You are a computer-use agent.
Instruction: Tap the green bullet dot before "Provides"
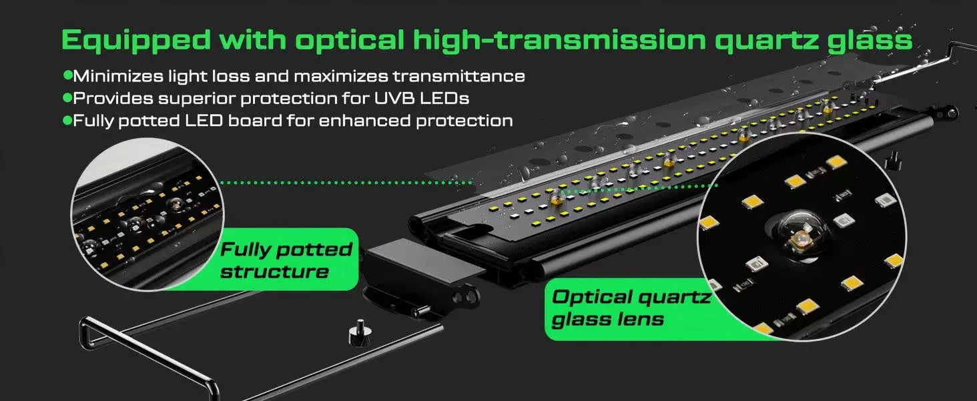tap(67, 98)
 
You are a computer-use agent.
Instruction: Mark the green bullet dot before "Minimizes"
tap(67, 75)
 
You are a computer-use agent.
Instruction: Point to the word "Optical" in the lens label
tap(593, 297)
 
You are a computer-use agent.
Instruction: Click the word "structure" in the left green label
tap(274, 272)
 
